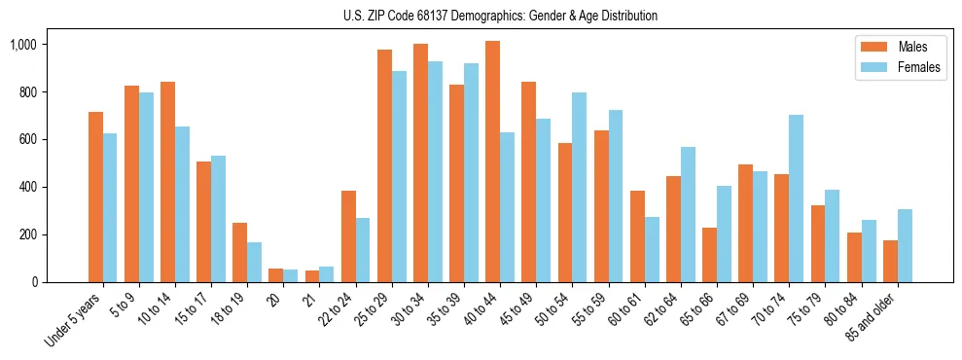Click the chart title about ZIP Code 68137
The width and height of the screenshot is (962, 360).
pyautogui.click(x=500, y=16)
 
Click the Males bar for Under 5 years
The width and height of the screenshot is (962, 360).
pyautogui.click(x=95, y=197)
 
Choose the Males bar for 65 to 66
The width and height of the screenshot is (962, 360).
pyautogui.click(x=709, y=255)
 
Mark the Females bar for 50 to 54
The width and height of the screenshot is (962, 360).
pyautogui.click(x=580, y=187)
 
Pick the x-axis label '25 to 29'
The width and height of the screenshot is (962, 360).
pyautogui.click(x=374, y=310)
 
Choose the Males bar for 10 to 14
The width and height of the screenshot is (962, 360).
pyautogui.click(x=167, y=182)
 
